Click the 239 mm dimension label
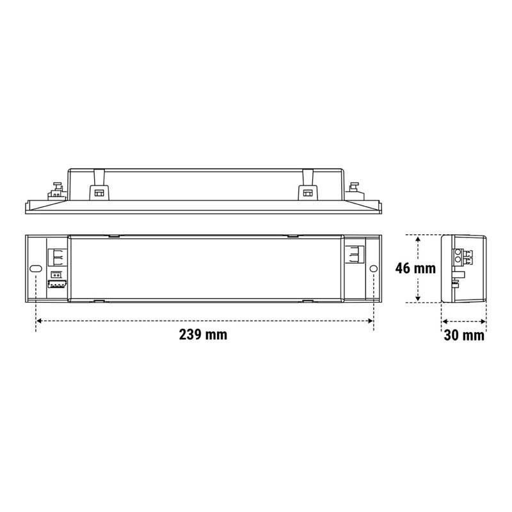click(x=204, y=335)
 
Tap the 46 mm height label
click(x=415, y=268)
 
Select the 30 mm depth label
click(x=464, y=335)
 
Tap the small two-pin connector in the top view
click(x=55, y=275)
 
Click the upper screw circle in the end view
click(x=459, y=254)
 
